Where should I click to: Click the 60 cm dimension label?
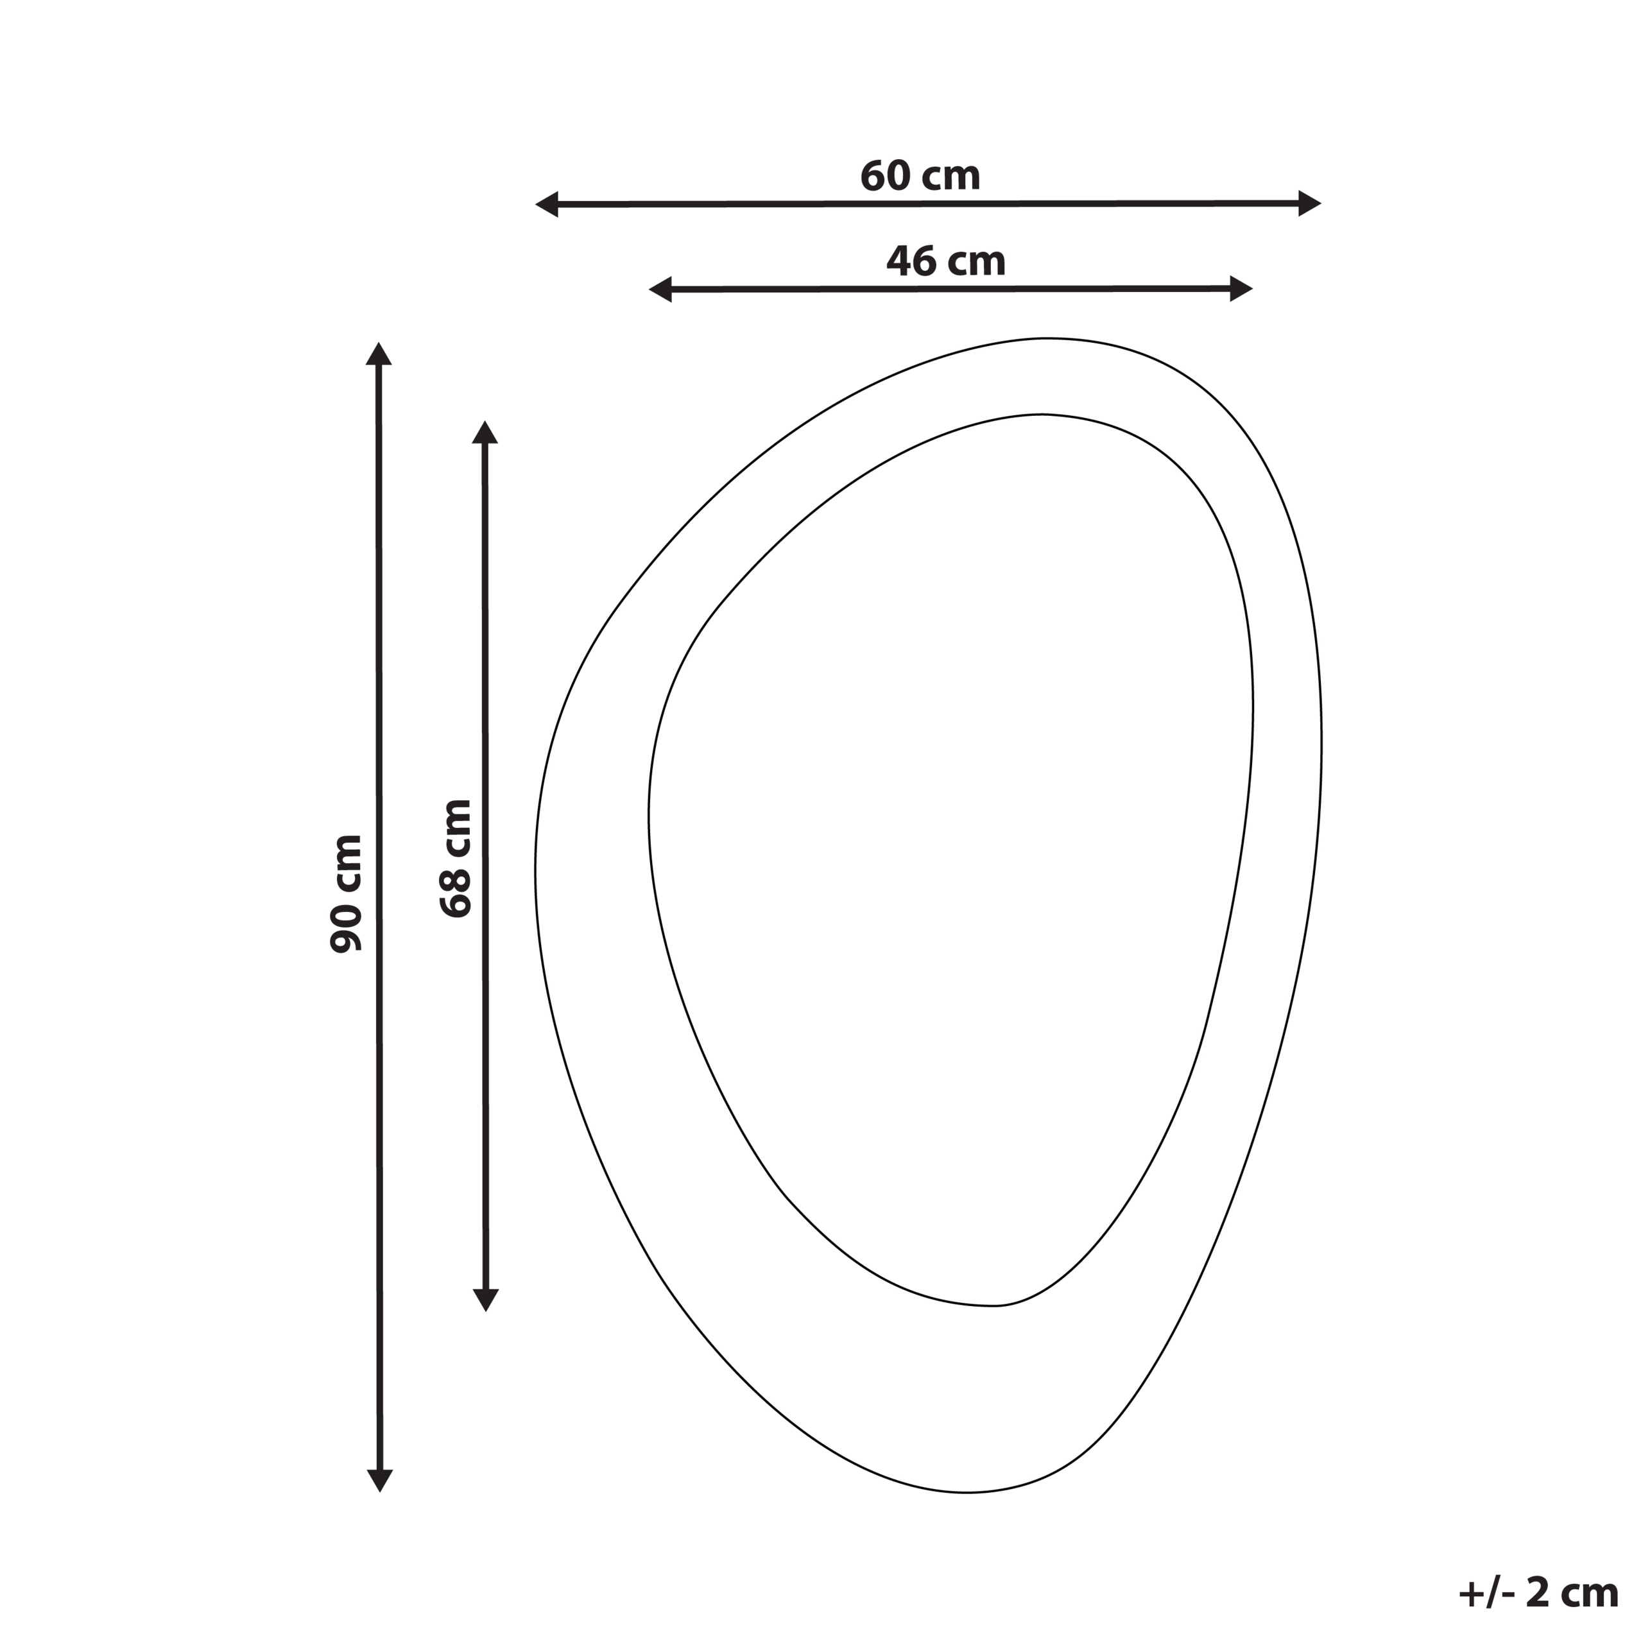coord(920,176)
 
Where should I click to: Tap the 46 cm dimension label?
coord(945,261)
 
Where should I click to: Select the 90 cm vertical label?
coord(346,893)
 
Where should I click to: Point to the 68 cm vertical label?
coord(456,858)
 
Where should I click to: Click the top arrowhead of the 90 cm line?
coord(379,354)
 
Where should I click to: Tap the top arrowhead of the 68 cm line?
coord(485,432)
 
